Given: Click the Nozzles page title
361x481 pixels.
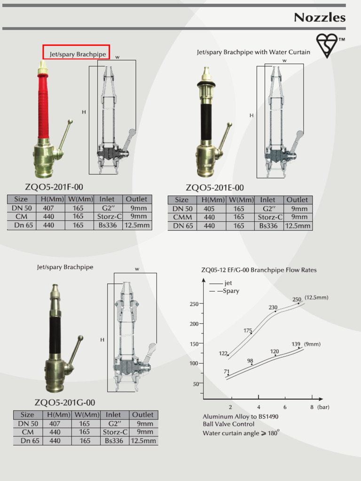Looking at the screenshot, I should coord(320,18).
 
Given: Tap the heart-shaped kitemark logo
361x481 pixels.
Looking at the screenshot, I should coord(327,46).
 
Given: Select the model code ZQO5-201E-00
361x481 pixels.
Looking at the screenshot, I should coord(215,188).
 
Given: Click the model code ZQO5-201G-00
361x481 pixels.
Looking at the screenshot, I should coord(65,403).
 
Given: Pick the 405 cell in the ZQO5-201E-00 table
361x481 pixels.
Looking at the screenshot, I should coord(209,209).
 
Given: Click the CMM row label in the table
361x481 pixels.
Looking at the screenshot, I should coord(182,217).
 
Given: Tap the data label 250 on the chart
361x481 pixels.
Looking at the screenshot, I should coord(297,299).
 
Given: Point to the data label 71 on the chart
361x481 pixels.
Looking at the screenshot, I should coord(227,372).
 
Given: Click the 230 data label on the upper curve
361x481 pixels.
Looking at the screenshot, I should coord(273,308).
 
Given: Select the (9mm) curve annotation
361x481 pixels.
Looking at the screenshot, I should coord(312,344).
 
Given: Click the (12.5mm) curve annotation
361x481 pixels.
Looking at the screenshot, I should coord(316,297).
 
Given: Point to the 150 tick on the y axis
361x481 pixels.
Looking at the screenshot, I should coord(194,344).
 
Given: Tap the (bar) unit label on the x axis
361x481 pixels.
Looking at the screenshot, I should coord(323,407).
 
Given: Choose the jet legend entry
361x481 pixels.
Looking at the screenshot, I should coord(228,283).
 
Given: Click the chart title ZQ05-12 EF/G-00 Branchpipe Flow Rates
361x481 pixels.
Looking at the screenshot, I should coord(259,270).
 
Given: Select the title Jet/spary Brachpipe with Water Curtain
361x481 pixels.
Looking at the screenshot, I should coord(253,52).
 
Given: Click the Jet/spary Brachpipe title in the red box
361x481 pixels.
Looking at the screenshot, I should coord(76,54).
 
